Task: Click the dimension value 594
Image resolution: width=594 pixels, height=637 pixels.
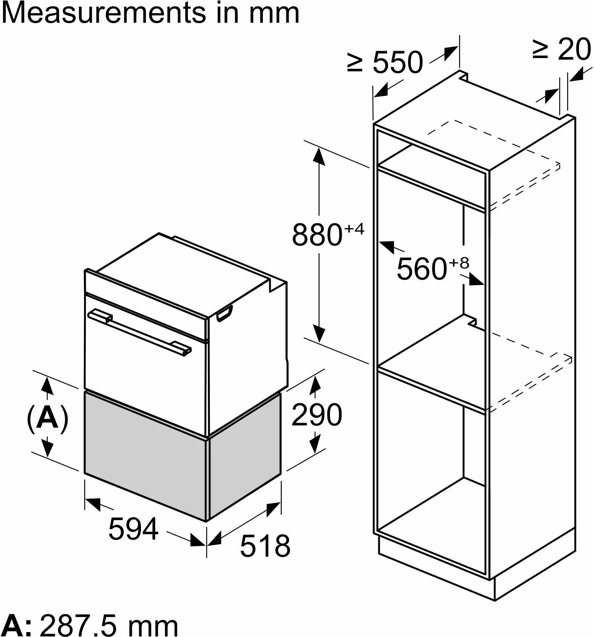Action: tap(134, 529)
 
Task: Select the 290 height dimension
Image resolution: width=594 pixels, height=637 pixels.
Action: tap(317, 415)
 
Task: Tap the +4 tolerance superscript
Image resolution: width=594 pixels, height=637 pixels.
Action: tap(354, 229)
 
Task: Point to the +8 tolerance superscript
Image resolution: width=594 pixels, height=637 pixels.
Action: tap(459, 262)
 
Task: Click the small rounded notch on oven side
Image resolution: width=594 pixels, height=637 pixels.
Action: tap(224, 313)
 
